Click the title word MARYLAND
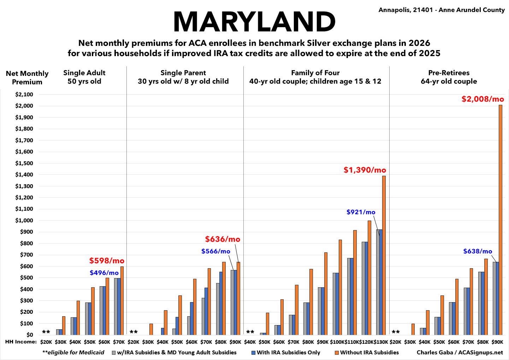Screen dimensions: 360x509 [254, 22]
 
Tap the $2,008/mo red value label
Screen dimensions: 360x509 [483, 99]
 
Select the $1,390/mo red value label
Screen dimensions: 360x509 [365, 170]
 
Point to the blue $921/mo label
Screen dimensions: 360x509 [361, 212]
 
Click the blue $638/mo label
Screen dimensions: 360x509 [478, 251]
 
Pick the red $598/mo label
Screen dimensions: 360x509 [107, 261]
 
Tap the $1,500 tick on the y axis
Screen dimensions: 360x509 [24, 163]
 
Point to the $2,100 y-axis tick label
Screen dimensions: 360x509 [24, 95]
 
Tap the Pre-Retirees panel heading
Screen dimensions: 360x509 [449, 77]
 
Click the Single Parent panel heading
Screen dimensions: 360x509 [183, 77]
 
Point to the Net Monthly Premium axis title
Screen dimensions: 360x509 [27, 78]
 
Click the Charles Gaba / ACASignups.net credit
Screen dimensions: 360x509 [460, 352]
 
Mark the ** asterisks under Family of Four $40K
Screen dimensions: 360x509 [250, 332]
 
